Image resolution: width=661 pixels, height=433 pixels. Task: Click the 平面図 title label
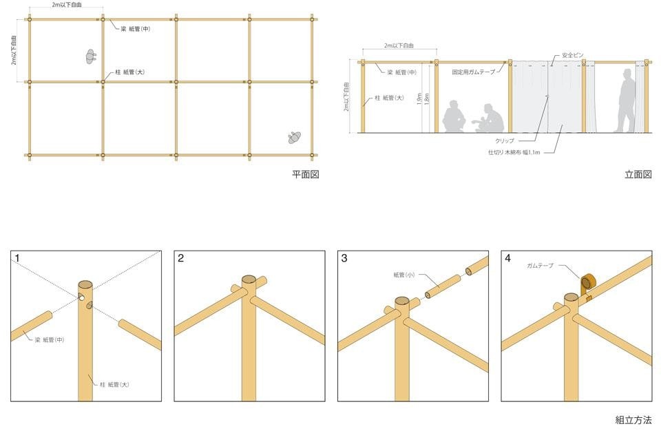coord(306,175)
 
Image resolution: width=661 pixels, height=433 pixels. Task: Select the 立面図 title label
coord(638,175)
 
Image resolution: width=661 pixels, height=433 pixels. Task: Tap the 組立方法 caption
coord(633,420)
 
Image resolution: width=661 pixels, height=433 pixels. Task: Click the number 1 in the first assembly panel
coord(17,258)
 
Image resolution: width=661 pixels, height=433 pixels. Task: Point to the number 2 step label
coord(181,258)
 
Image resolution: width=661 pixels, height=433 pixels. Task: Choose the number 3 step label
coord(344,258)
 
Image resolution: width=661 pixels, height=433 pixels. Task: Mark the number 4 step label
coord(508,258)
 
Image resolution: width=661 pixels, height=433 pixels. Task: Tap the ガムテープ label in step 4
coord(540,266)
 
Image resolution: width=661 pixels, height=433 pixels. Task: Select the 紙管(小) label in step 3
coord(404,275)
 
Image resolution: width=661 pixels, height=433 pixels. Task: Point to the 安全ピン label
coord(573,55)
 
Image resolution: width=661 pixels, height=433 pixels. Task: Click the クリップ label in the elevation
coord(505,141)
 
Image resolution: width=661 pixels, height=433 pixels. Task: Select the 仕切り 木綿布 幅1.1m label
coord(514,152)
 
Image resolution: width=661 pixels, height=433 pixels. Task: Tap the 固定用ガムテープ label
coord(474,72)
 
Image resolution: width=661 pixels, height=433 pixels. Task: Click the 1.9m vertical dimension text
coord(419,99)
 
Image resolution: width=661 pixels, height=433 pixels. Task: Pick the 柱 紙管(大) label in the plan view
coord(130,72)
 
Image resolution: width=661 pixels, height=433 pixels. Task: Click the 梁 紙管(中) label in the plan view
coord(136,29)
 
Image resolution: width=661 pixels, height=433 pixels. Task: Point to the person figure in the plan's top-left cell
coord(90,56)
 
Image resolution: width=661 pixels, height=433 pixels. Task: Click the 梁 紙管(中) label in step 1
coord(50,340)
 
